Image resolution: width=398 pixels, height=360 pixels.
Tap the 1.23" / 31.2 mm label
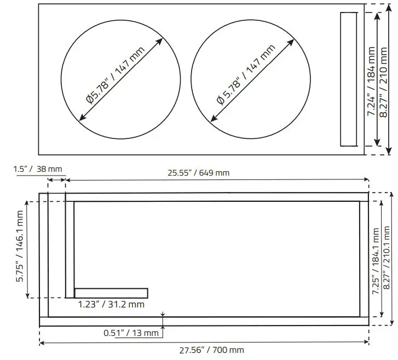[111, 304]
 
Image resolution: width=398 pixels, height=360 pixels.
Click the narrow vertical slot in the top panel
[348, 79]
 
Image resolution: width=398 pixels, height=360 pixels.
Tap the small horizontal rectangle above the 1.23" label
[111, 293]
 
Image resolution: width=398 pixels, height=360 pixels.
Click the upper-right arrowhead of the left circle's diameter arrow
[160, 41]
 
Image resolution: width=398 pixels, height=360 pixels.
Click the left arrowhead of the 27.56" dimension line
[42, 343]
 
